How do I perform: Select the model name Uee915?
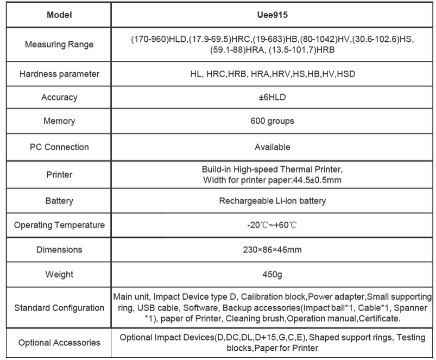(x=273, y=15)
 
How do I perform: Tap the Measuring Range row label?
(x=59, y=44)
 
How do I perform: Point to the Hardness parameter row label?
(x=59, y=73)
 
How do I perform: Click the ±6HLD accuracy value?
(x=273, y=98)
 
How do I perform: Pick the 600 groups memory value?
(x=273, y=121)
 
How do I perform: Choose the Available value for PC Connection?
(x=273, y=147)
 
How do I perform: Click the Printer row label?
(x=59, y=175)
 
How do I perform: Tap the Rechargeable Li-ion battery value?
(x=273, y=201)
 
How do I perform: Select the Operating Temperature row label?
(x=59, y=225)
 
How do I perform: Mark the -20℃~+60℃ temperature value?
(x=273, y=225)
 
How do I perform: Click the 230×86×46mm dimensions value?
(x=273, y=250)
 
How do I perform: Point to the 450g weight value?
(x=273, y=275)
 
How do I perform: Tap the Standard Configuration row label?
(x=59, y=308)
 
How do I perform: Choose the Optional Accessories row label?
(x=59, y=343)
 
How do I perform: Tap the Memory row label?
(x=59, y=121)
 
